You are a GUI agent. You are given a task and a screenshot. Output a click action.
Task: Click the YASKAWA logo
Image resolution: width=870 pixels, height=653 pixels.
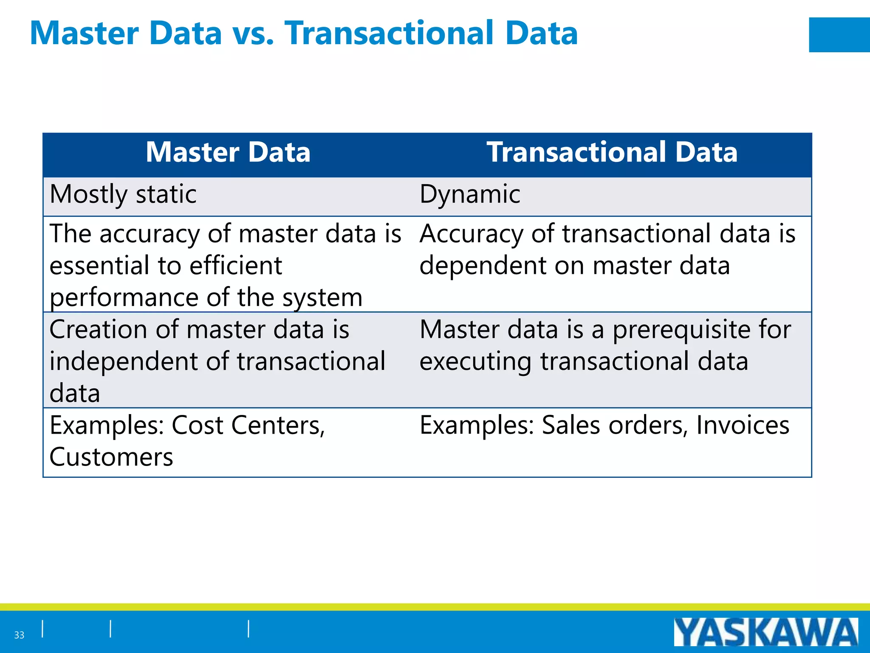(765, 632)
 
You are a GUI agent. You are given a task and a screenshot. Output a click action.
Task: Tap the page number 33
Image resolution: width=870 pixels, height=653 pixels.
(19, 635)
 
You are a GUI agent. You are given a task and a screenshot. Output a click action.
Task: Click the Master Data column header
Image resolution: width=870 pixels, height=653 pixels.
(228, 152)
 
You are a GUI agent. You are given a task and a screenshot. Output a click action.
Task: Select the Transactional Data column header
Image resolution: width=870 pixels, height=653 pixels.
(612, 152)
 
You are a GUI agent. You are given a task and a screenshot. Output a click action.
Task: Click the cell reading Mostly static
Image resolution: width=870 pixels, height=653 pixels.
(123, 194)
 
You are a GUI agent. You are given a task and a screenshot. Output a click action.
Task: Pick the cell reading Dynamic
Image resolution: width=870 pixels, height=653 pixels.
(470, 194)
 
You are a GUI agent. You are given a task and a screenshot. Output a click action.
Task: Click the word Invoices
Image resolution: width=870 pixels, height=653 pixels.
(743, 425)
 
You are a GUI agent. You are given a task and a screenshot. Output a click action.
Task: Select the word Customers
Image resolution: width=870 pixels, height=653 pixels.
(111, 457)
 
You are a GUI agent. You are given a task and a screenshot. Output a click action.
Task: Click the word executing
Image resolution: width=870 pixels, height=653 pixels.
(475, 362)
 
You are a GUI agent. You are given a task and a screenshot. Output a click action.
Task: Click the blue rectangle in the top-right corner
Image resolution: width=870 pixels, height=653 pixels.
(839, 35)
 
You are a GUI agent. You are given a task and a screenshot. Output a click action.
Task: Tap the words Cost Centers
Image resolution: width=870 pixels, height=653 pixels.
(248, 425)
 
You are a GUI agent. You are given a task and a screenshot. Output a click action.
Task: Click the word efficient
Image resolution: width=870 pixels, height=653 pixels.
(236, 266)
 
